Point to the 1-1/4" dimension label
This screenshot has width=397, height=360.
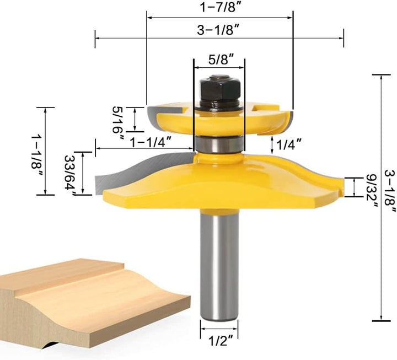click(151, 142)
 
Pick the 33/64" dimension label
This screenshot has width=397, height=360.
click(71, 175)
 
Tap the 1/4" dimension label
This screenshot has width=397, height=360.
click(289, 144)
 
